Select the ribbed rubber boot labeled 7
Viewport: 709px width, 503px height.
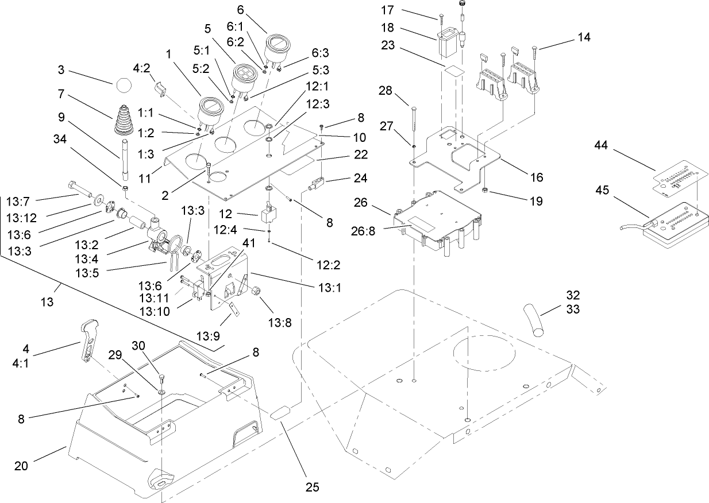[125, 121]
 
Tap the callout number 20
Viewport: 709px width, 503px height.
[21, 466]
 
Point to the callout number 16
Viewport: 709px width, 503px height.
[535, 178]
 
